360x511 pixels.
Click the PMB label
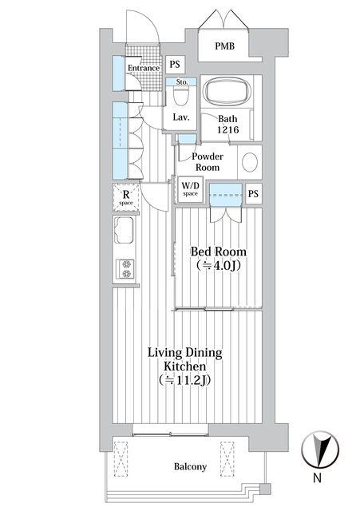pos(224,46)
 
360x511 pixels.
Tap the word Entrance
pos(144,68)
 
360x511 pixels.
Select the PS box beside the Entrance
pos(175,64)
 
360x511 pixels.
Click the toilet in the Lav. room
pos(181,95)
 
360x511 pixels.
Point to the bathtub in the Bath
pos(227,91)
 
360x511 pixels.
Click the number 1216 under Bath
pos(228,129)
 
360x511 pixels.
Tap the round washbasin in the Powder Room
pos(250,162)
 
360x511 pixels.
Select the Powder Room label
pos(208,161)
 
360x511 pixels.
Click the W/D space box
pos(190,189)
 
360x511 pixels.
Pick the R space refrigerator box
pos(126,197)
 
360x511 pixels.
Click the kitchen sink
pos(124,230)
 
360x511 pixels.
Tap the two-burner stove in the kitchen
pos(126,269)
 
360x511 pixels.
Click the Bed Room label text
pos(218,252)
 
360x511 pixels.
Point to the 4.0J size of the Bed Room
pos(219,266)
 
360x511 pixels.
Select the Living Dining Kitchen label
pos(184,359)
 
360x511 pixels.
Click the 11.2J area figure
pos(184,380)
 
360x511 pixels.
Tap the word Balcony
pos(190,466)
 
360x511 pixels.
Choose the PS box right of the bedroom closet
pos(253,193)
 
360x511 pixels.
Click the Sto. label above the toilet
pos(182,81)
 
